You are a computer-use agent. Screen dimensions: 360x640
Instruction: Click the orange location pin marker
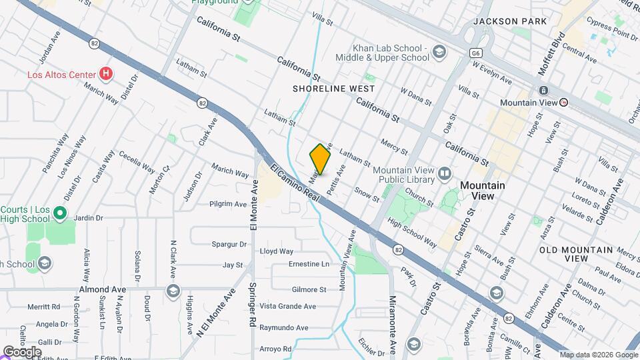click(320, 159)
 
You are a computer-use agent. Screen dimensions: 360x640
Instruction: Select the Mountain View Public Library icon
click(445, 175)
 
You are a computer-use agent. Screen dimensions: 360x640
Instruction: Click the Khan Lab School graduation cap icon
click(439, 52)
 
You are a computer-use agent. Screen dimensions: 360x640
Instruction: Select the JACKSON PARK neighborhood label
click(505, 21)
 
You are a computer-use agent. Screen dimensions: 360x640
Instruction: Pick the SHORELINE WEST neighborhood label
click(333, 88)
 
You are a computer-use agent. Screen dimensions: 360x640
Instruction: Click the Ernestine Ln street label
click(309, 264)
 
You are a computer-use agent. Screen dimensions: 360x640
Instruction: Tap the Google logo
click(22, 351)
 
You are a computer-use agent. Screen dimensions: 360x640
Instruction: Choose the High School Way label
click(412, 233)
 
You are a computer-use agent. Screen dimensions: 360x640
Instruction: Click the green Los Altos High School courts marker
click(59, 213)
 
